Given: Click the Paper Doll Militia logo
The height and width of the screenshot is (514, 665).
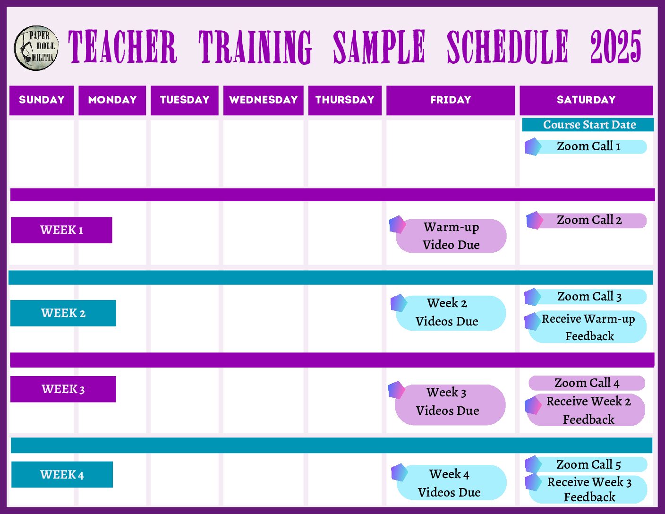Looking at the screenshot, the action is [36, 48].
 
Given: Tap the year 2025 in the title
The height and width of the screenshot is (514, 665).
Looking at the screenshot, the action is [615, 46].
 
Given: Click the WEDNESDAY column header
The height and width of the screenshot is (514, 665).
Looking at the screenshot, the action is [263, 100].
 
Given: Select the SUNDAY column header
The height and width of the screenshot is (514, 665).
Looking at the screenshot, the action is [42, 100].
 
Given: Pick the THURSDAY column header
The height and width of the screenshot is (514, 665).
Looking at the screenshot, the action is [345, 100].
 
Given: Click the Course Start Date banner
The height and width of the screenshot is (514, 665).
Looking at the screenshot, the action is [588, 125].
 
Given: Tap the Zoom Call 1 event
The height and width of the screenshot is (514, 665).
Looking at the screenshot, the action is [586, 146].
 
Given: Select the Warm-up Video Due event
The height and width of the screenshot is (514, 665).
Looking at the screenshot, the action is [448, 235].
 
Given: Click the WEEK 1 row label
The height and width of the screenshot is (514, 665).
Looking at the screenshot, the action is [61, 230].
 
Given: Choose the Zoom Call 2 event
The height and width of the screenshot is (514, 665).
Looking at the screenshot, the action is [586, 220].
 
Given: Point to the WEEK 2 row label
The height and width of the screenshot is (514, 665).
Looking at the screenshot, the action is [63, 313].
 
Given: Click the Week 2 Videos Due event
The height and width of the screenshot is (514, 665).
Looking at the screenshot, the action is [448, 312].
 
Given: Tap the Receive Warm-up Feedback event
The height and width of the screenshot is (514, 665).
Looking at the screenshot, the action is [586, 327].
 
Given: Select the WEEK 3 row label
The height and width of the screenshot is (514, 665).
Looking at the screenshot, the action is [63, 389].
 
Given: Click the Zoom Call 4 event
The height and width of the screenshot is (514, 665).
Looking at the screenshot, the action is [587, 383].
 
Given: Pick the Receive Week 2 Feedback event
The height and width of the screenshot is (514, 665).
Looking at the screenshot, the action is [585, 410].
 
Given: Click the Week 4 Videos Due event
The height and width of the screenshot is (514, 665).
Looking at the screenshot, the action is [449, 482].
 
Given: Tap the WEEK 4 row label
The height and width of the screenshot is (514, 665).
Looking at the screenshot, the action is [62, 474].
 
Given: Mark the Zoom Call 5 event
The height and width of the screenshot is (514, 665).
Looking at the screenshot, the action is [586, 464].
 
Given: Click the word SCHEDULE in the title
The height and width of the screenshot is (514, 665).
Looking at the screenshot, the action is [507, 46].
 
